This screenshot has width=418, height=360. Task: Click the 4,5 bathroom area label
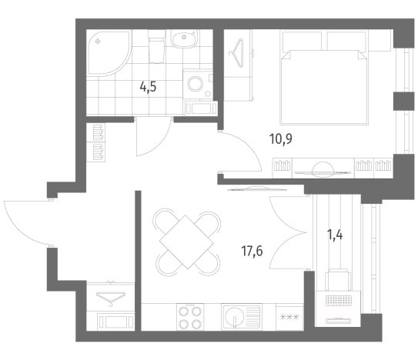click(x=148, y=87)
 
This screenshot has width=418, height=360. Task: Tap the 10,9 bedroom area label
click(x=281, y=138)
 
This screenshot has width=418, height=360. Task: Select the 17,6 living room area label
click(x=252, y=251)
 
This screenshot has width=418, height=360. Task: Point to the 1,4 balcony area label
click(x=335, y=235)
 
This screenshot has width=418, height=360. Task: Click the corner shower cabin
click(x=108, y=52)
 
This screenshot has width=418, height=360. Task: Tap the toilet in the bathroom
click(x=156, y=46)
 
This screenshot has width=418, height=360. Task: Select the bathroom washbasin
click(x=184, y=39)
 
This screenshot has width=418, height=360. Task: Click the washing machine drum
click(x=196, y=83)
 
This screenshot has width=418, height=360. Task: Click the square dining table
click(x=186, y=242)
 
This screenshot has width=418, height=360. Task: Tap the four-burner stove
click(x=190, y=317)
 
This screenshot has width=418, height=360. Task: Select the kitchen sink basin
click(x=234, y=317)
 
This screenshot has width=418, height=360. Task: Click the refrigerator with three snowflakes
click(x=289, y=317)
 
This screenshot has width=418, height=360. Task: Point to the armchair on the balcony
click(x=338, y=280)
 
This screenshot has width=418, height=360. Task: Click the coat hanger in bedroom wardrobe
click(x=236, y=53)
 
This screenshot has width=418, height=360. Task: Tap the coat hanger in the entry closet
click(x=111, y=298)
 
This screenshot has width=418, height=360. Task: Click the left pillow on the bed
click(x=302, y=41)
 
